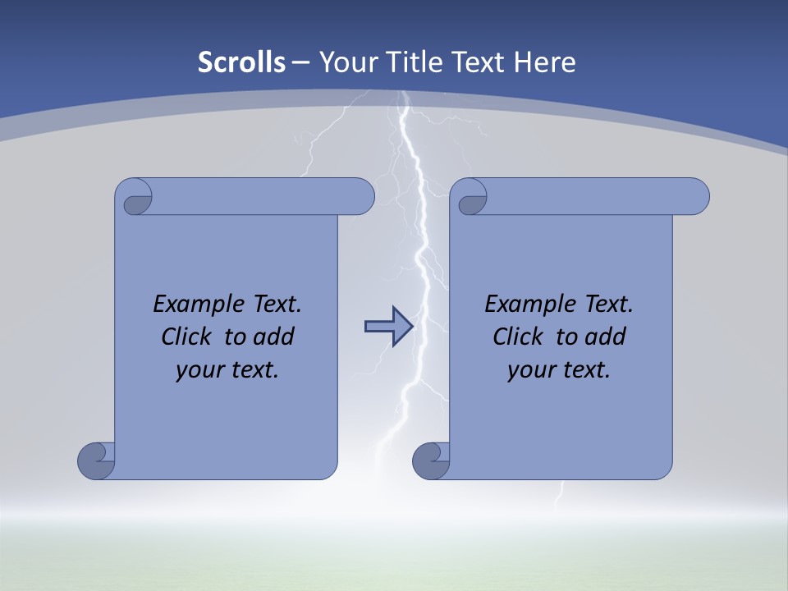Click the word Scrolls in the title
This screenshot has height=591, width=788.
coord(241,62)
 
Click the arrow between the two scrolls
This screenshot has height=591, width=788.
coord(388,327)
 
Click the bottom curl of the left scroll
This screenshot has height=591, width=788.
coord(98,460)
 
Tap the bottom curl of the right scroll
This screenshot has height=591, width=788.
coord(431,460)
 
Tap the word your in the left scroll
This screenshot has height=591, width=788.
coord(199,370)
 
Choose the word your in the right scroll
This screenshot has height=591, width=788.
coord(531,370)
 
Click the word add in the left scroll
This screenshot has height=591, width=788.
coord(273,337)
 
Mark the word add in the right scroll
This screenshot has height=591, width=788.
coord(605,337)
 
